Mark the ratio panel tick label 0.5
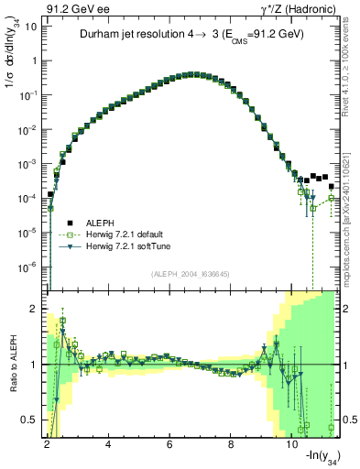point(30,420)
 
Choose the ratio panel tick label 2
point(35,308)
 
